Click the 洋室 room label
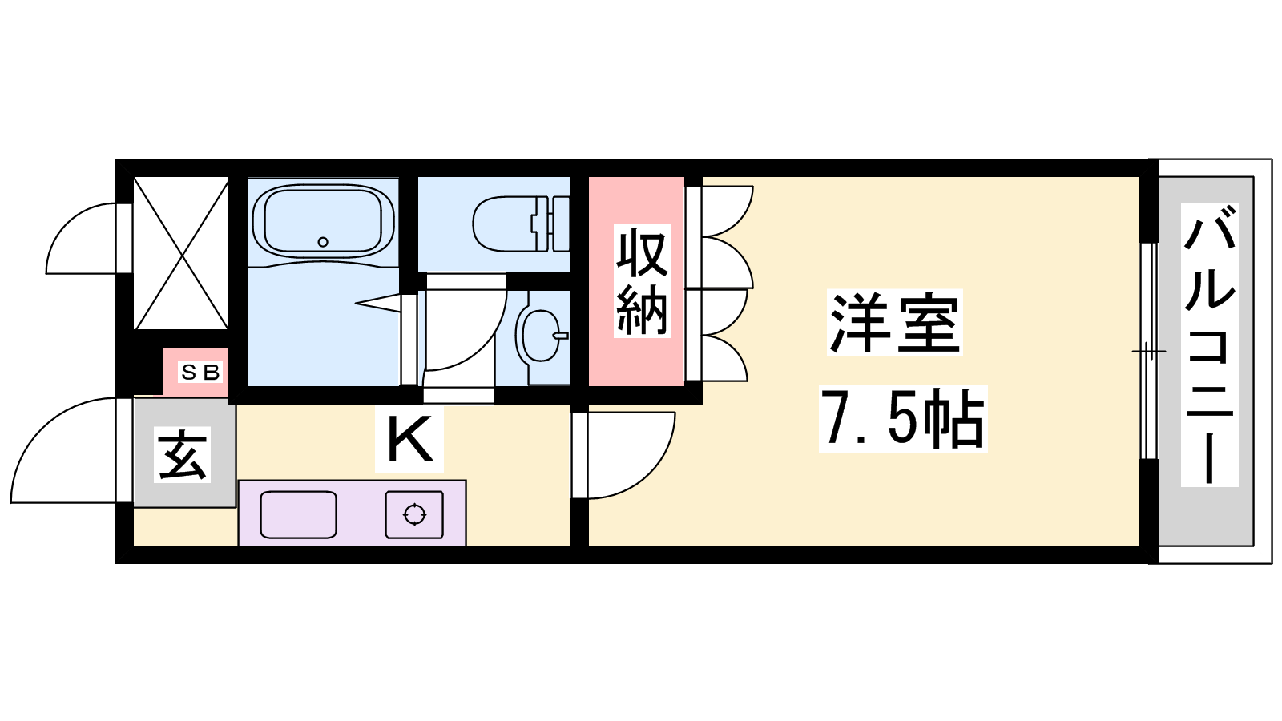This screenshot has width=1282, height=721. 894,323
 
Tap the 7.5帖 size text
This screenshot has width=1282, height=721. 902,419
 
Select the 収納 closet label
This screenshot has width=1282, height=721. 642,281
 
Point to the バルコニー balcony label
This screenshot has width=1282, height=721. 1209,344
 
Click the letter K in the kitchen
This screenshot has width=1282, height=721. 409,439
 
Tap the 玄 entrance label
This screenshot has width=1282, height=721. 183,454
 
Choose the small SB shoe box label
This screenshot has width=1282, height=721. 200,373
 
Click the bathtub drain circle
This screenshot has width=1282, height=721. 323,242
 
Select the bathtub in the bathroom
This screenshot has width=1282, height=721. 323,220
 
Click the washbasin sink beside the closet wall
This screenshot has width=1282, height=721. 542,336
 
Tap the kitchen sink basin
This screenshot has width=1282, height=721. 298,514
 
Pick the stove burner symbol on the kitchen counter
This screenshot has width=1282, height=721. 414,514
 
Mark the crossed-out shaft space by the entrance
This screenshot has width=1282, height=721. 181,253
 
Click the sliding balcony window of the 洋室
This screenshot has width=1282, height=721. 1149,351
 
